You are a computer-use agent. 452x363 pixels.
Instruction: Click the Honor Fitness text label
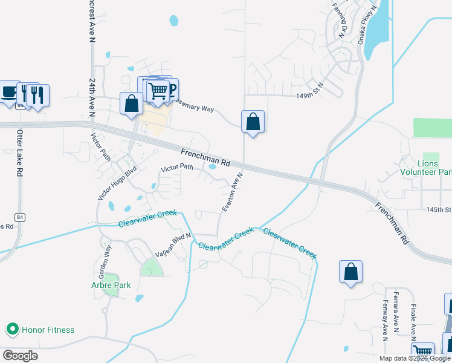pos(48,330)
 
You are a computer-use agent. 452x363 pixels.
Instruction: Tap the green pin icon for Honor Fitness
pos(11,330)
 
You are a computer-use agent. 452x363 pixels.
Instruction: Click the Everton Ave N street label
pos(232,192)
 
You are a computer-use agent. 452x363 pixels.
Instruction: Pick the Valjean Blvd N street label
pos(173,245)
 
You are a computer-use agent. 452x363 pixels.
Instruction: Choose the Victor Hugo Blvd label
pos(118,182)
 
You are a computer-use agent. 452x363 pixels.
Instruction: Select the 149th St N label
pos(310,95)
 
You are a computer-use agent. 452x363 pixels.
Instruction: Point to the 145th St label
pos(439,209)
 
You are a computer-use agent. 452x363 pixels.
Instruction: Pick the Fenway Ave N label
pos(385,319)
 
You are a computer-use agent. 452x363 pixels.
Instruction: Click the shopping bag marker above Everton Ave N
pos(253,122)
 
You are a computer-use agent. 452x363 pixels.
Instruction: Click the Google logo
pos(20,355)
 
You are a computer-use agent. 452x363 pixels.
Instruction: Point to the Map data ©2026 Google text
pos(415,358)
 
